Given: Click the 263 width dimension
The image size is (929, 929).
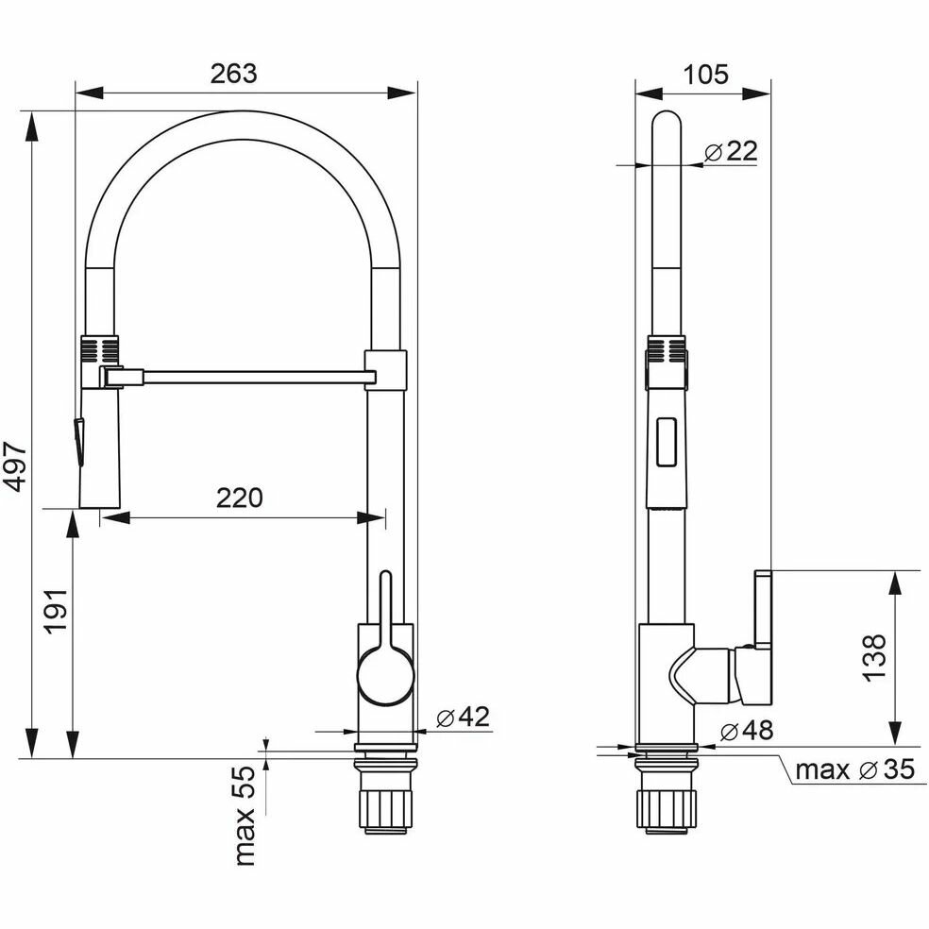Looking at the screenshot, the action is (x=233, y=74).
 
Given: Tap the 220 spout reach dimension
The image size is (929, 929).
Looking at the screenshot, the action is (x=240, y=498).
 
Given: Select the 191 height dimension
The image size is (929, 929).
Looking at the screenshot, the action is (x=57, y=612).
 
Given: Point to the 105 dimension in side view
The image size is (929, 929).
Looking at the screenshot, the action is (x=705, y=75).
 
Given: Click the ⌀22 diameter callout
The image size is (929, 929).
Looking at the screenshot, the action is (x=731, y=152).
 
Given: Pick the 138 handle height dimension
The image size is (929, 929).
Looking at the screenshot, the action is (x=874, y=658).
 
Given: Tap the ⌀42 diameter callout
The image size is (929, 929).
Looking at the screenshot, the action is (x=464, y=717).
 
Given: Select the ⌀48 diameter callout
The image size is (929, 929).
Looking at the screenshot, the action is (x=747, y=730).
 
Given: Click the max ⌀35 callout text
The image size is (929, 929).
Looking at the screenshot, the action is (x=855, y=769).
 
